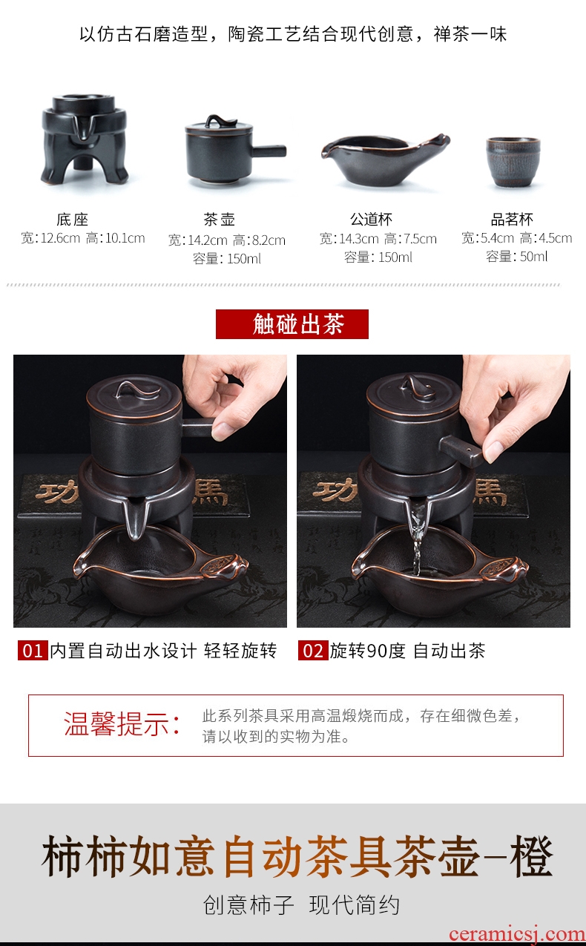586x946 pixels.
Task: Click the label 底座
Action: [x=72, y=219]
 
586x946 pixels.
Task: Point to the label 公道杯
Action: [x=371, y=219]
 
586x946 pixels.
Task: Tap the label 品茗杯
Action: [x=512, y=219]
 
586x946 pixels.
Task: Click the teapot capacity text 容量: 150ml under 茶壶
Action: [x=227, y=258]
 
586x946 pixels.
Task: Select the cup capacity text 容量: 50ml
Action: [x=517, y=256]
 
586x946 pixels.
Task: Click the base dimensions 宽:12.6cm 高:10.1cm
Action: [x=83, y=238]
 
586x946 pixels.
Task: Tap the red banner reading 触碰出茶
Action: [x=292, y=324]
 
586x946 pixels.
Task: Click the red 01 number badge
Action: [x=33, y=651]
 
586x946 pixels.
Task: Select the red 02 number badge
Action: [x=313, y=651]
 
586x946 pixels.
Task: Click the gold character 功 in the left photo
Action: [x=56, y=492]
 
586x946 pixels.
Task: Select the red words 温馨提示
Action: [x=116, y=724]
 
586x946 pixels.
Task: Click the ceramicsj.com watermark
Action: [x=517, y=934]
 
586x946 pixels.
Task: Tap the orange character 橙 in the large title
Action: [x=532, y=855]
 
